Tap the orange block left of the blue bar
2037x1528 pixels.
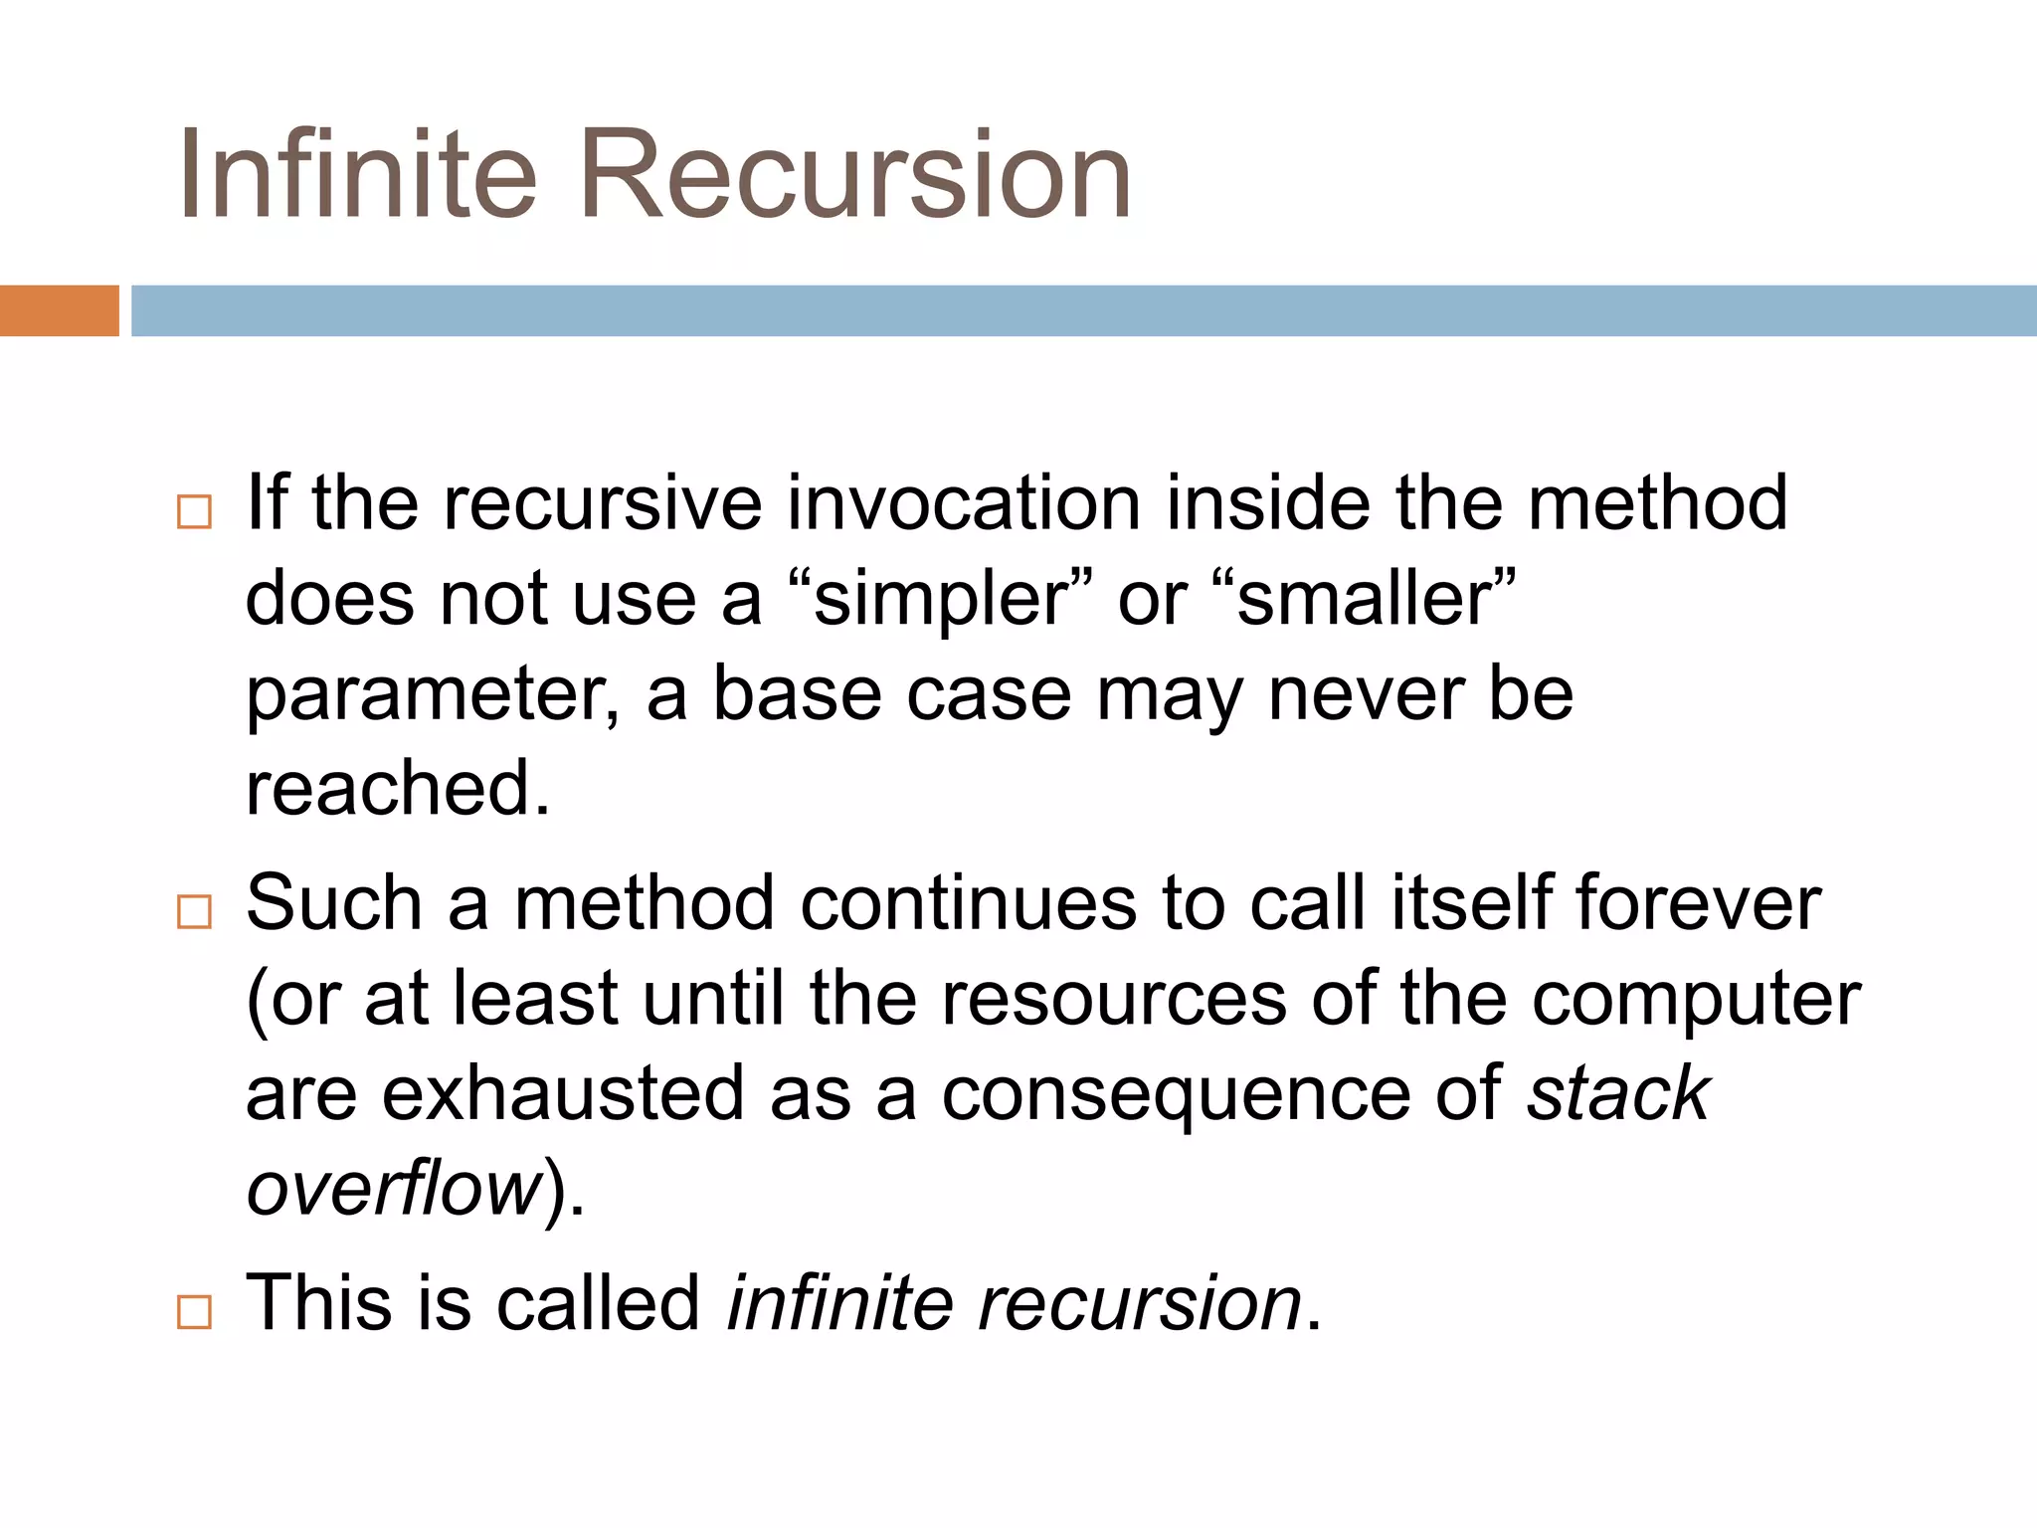pyautogui.click(x=59, y=310)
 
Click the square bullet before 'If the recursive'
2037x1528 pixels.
pyautogui.click(x=194, y=511)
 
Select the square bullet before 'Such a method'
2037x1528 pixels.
pyautogui.click(x=194, y=911)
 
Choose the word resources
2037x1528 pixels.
pyautogui.click(x=1114, y=999)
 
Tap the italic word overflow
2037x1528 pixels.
pyautogui.click(x=394, y=1189)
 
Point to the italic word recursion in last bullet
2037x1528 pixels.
pyautogui.click(x=1140, y=1303)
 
